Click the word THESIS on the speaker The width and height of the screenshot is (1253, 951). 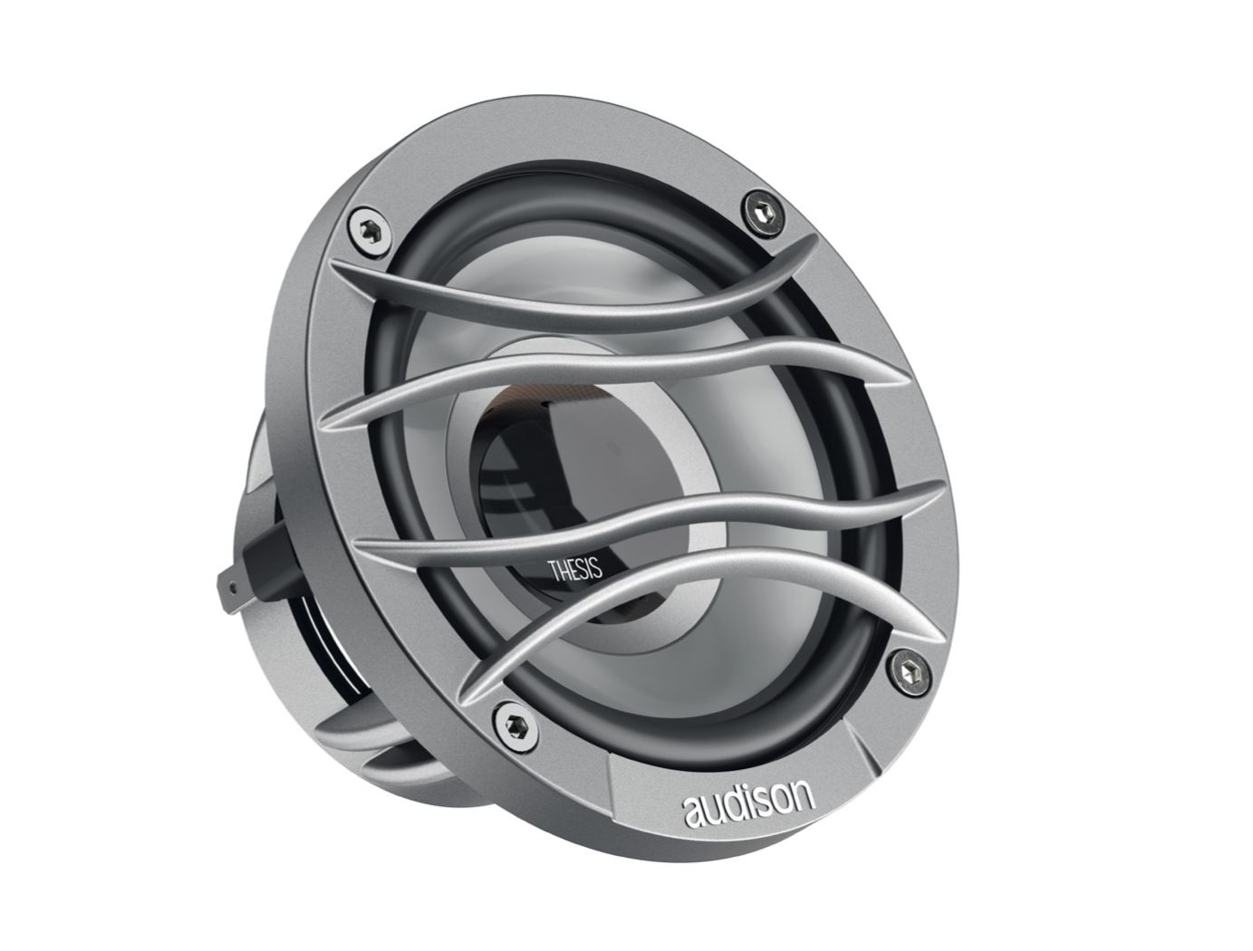point(574,571)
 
